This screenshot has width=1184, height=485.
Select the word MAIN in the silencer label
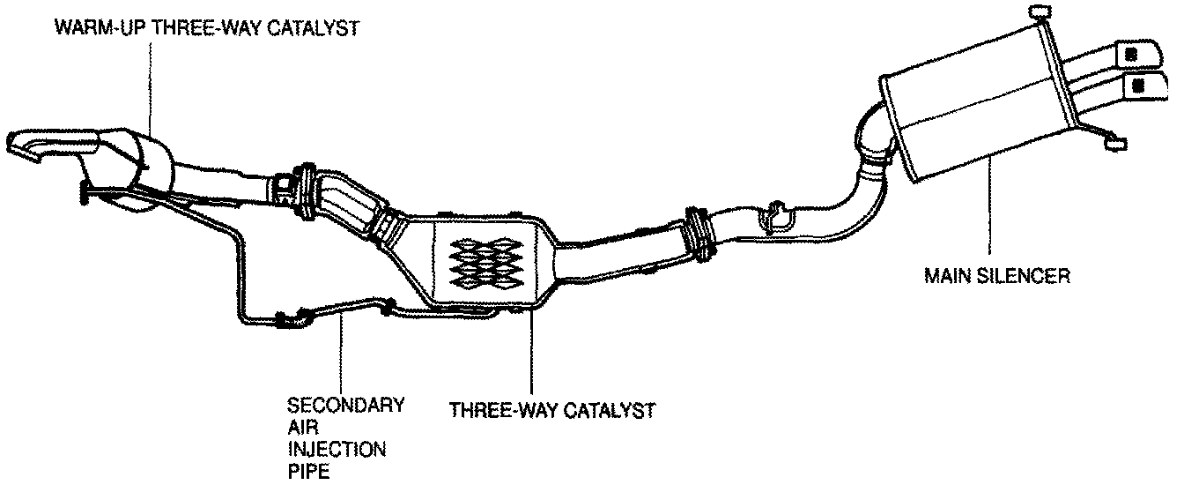coord(944,276)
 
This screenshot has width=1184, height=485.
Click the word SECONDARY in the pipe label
coord(346,406)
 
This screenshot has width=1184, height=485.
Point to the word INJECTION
coord(337,450)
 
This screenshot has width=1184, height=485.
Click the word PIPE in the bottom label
coord(308,472)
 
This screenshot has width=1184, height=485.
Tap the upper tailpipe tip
coord(1131,54)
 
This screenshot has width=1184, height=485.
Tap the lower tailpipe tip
coord(1137,86)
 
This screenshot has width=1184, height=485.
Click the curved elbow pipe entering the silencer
coord(872,141)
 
